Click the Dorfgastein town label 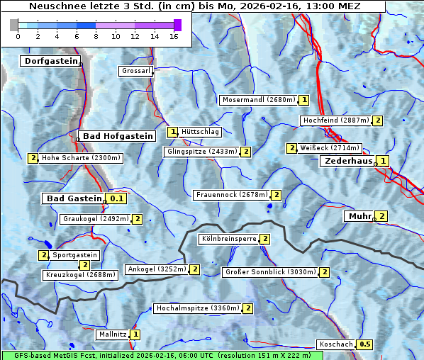click(x=50, y=62)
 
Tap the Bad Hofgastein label click(x=117, y=136)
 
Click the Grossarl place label click(x=135, y=71)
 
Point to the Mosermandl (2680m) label click(x=259, y=100)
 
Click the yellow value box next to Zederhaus click(x=383, y=161)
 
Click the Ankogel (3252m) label click(x=156, y=269)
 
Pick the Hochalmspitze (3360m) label click(x=198, y=308)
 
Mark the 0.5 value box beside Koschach click(x=364, y=344)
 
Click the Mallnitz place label click(x=112, y=334)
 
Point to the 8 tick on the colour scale click(x=96, y=36)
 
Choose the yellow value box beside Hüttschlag click(x=172, y=132)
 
